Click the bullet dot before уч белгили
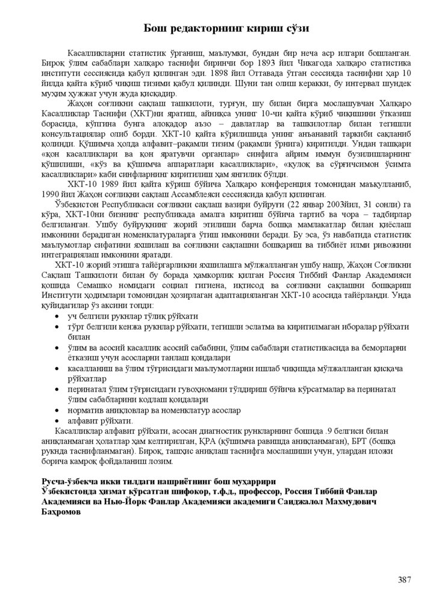57,316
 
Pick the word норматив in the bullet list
87,410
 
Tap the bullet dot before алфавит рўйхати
57,420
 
